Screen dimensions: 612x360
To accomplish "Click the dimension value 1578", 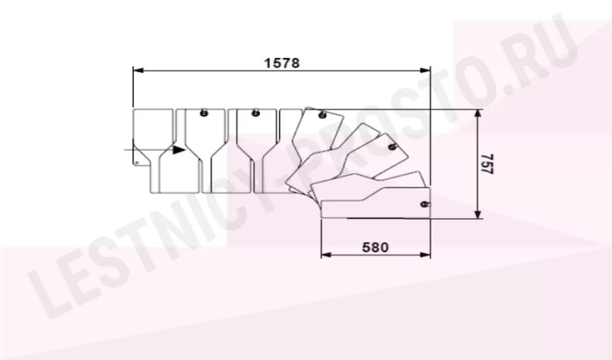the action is click(282, 63).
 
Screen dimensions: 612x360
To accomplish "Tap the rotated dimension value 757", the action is click(487, 163).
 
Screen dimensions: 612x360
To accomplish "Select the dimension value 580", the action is click(376, 247).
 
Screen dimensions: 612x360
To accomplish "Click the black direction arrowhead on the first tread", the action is click(179, 149).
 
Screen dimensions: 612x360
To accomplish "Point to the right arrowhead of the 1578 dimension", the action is click(425, 70).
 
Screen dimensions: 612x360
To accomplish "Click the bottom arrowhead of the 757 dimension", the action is click(477, 213).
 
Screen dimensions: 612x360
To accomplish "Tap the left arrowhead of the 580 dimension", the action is click(326, 255).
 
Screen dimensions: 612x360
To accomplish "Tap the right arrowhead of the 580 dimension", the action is click(425, 255).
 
